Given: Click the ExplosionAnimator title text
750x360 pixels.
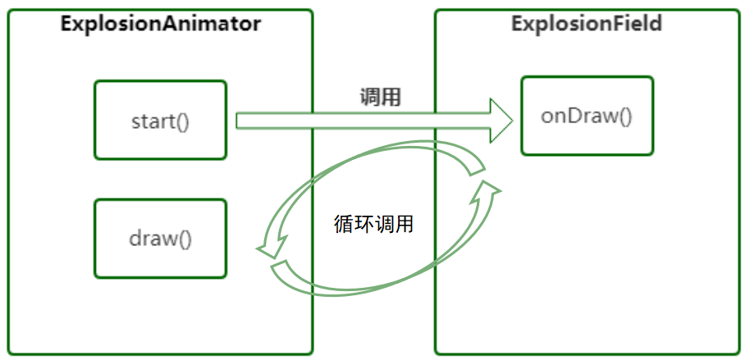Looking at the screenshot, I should click(161, 23).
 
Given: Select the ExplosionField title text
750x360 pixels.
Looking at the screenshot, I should click(586, 23).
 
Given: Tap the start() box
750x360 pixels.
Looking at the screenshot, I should click(160, 120).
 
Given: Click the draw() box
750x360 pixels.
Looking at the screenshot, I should click(160, 239).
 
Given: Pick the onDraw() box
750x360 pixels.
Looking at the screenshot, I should click(587, 116).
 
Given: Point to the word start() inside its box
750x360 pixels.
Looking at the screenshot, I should click(160, 121).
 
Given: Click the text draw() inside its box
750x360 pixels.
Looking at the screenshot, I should click(160, 239).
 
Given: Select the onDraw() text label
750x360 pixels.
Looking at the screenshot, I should click(587, 116).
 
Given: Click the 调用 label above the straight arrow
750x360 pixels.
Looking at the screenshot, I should click(380, 97).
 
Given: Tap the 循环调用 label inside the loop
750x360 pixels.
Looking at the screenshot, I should click(373, 223).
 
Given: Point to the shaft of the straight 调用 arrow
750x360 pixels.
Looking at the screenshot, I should click(361, 121).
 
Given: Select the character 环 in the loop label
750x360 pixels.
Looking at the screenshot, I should click(364, 223).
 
